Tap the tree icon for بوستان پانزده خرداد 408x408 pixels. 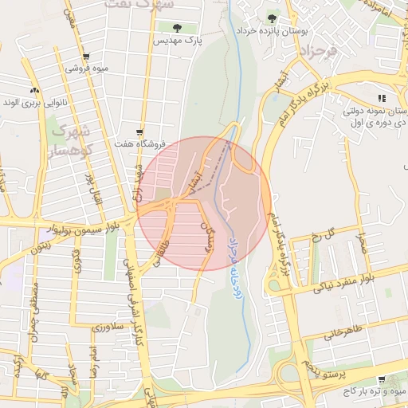pyautogui.click(x=273, y=17)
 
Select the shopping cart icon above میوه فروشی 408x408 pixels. pyautogui.click(x=86, y=57)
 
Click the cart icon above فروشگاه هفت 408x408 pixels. pyautogui.click(x=140, y=132)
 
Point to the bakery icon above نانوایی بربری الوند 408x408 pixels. pyautogui.click(x=33, y=91)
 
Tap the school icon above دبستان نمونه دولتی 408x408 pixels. pyautogui.click(x=381, y=98)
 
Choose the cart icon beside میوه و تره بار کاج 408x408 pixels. pyautogui.click(x=381, y=379)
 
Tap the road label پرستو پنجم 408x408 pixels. pyautogui.click(x=326, y=368)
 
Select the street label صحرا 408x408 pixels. pyautogui.click(x=363, y=239)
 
